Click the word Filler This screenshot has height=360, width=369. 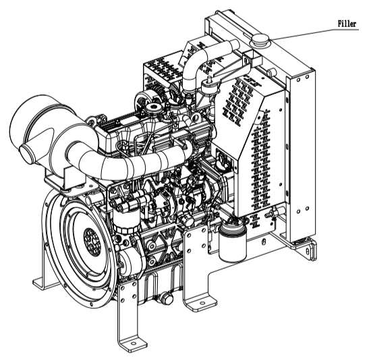(x=347, y=24)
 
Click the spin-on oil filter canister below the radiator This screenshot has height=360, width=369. (x=233, y=242)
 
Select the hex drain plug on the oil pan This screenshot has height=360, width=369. (x=167, y=299)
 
